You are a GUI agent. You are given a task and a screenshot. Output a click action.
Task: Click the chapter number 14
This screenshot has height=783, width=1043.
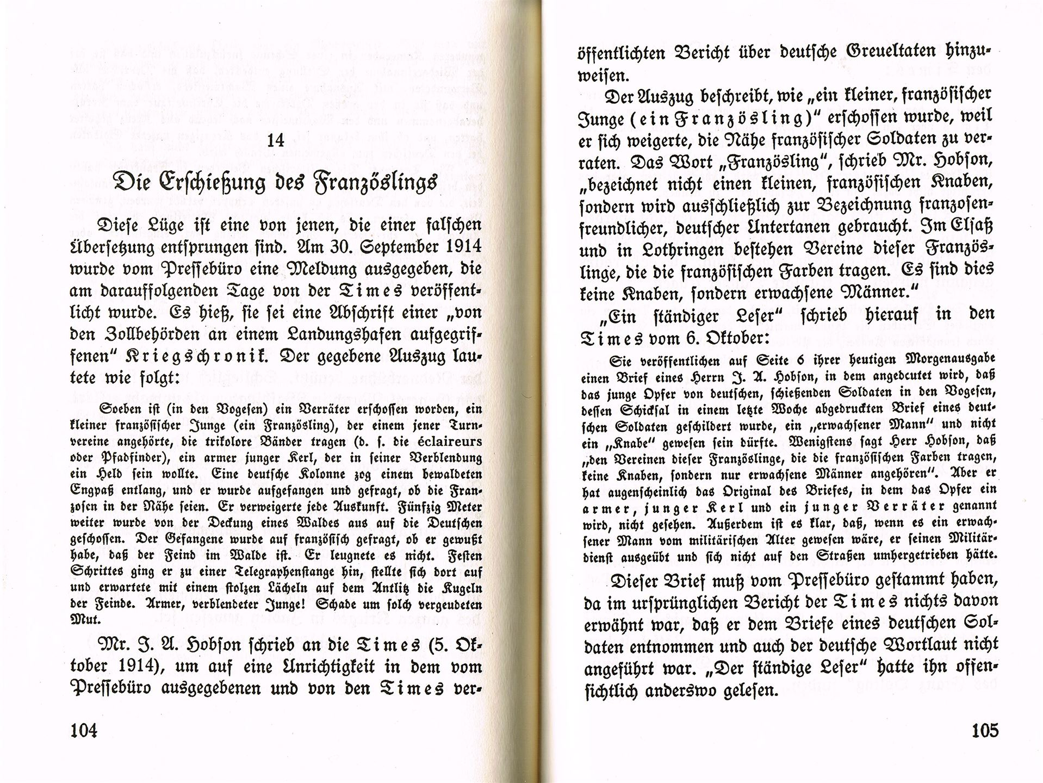pyautogui.click(x=276, y=140)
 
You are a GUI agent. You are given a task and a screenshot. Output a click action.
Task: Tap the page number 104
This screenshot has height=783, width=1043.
pyautogui.click(x=84, y=730)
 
